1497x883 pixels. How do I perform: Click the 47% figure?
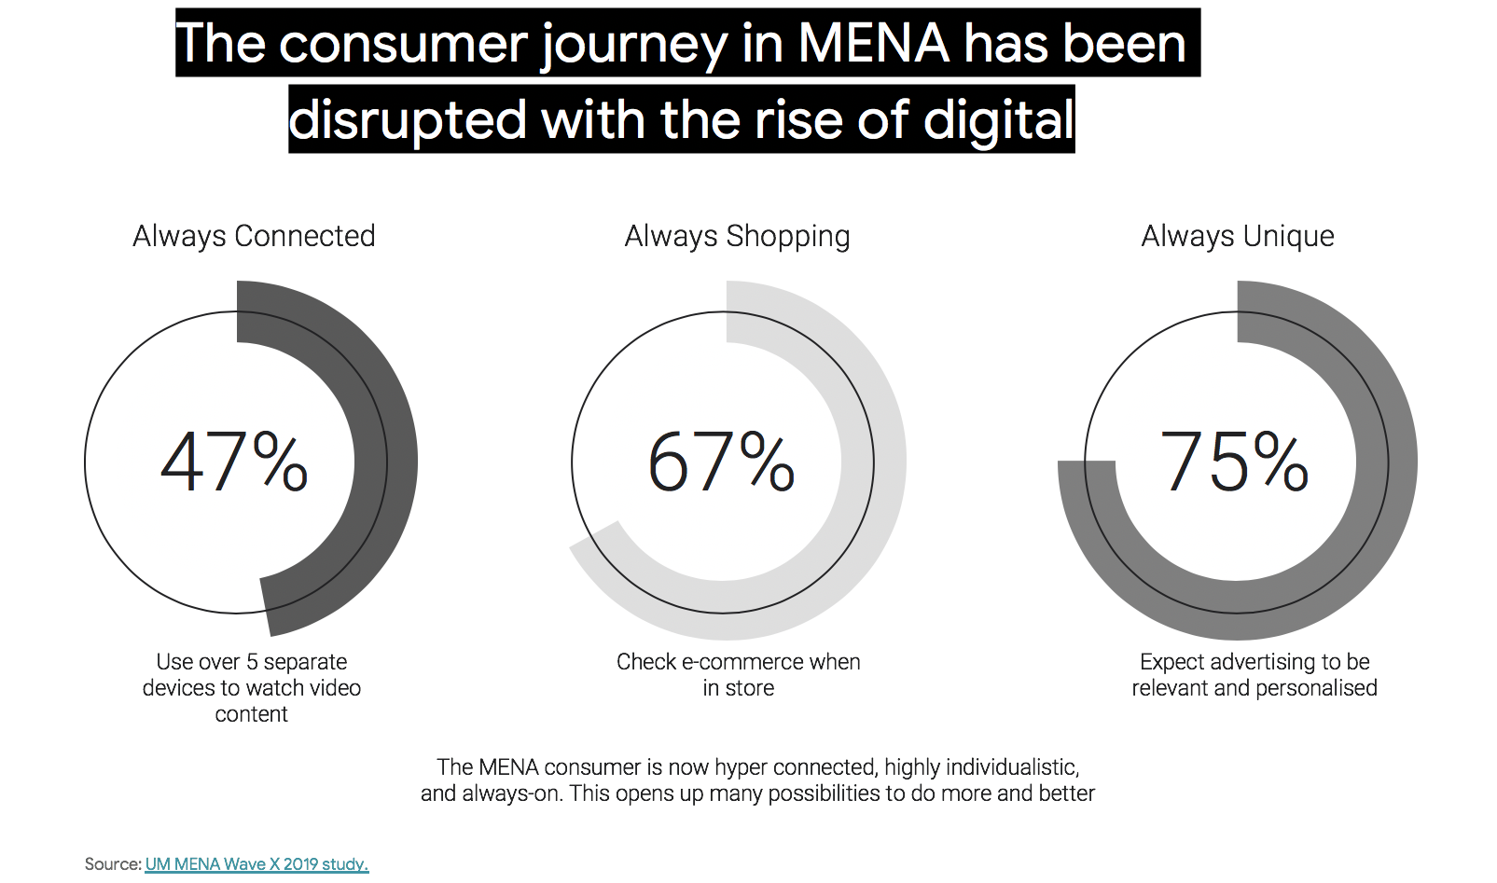point(234,462)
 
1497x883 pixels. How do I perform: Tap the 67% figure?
point(721,462)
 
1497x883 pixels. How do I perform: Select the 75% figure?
point(1234,462)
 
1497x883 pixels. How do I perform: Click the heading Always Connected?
point(254,236)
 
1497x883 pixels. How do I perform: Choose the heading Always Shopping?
point(737,236)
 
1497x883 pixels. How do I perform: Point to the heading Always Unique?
point(1238,236)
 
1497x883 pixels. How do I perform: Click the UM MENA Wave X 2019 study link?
point(256,864)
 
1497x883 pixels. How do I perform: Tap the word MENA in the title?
point(873,44)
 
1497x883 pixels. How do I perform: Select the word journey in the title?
point(633,44)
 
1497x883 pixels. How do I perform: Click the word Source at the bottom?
point(112,864)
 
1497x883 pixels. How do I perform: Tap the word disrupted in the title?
point(408,120)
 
